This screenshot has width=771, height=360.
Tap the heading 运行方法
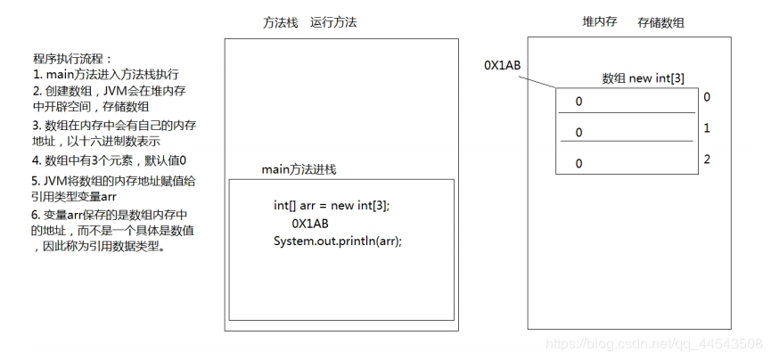pos(333,22)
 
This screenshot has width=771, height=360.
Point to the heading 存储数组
pos(660,21)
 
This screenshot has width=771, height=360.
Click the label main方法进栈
pos(299,169)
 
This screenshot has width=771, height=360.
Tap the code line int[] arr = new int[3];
pos(332,205)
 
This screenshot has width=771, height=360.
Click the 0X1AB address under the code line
pos(310,223)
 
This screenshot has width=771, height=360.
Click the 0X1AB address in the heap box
pos(502,66)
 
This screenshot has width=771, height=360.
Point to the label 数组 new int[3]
pos(644,78)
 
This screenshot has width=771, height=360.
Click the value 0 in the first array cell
pos(578,102)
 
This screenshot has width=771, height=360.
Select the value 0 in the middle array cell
pos(578,133)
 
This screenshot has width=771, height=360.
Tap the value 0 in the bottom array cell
pos(578,164)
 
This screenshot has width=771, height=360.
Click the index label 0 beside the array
pos(707,96)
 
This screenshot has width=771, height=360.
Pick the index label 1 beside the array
pos(707,128)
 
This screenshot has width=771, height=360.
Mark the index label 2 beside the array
pos(707,160)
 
